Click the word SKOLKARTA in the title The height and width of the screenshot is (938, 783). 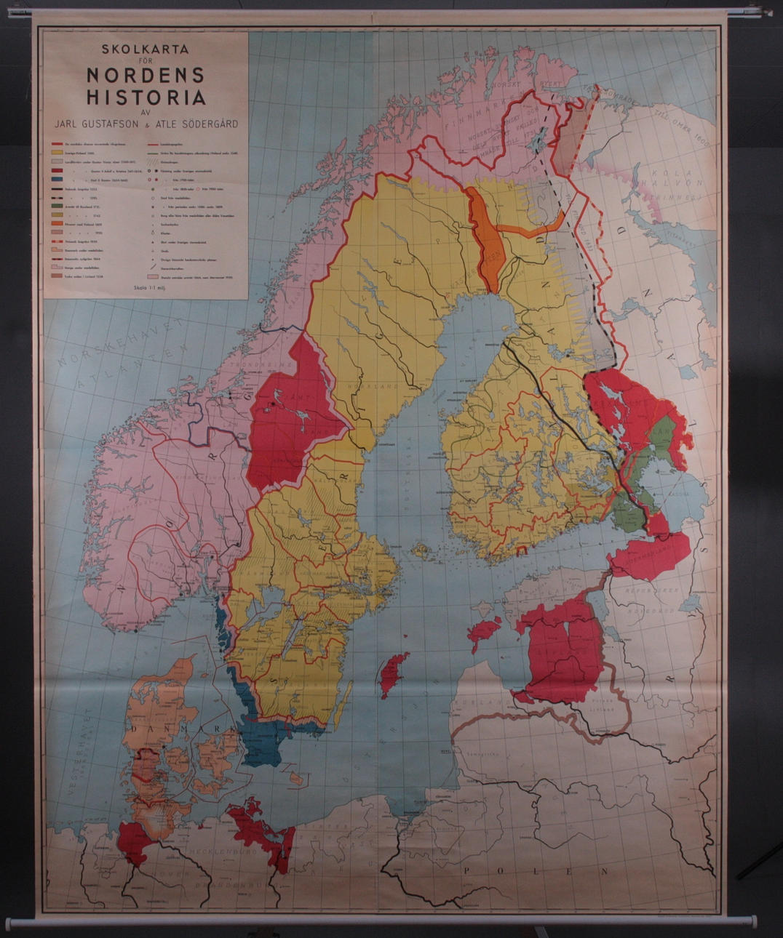tap(145, 50)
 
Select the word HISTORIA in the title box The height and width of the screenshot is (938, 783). tap(146, 97)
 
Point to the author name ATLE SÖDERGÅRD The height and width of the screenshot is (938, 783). tap(198, 124)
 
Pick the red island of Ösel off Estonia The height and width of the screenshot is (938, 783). tap(484, 633)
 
